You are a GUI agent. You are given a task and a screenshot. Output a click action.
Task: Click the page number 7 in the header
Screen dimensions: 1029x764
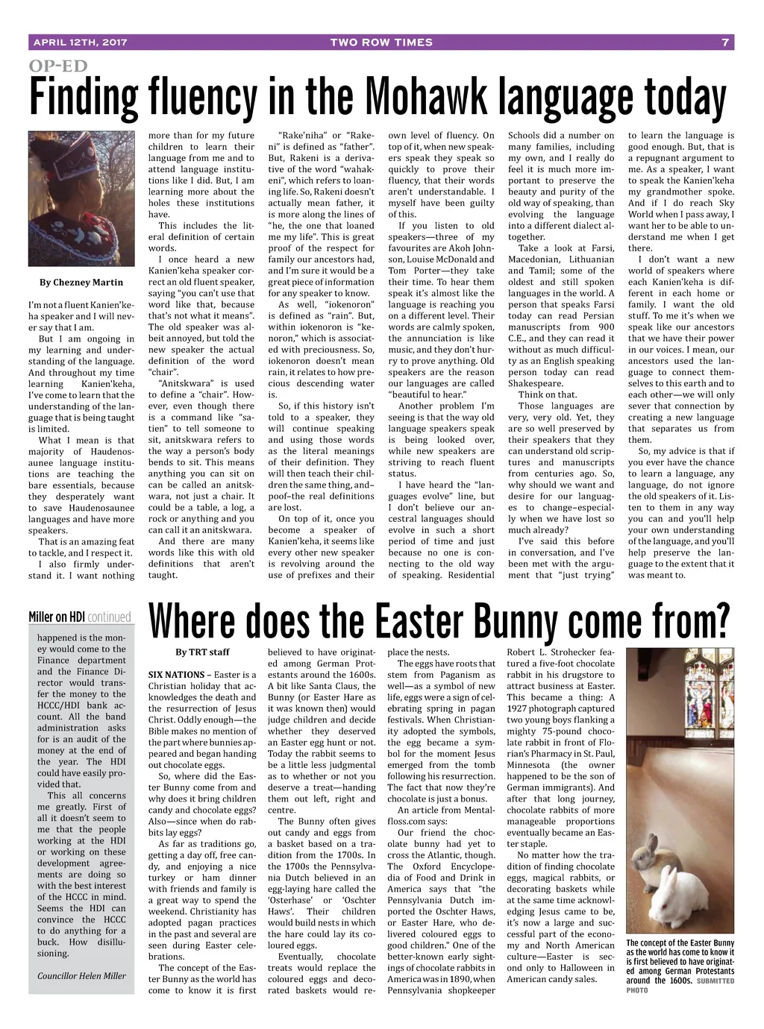coord(724,43)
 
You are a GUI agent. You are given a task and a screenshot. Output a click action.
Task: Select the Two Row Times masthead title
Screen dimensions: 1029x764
coord(381,43)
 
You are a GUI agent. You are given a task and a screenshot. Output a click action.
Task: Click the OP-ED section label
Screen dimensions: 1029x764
coord(58,66)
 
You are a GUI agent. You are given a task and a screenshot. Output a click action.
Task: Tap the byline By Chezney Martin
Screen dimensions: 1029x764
coord(81,283)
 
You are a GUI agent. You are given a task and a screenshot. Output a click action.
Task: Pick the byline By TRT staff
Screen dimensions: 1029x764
coord(202,652)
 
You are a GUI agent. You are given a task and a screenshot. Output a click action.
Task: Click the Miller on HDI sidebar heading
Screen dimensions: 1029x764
coord(57,617)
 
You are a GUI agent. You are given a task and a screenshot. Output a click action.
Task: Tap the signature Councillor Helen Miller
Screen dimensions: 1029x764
coord(82,975)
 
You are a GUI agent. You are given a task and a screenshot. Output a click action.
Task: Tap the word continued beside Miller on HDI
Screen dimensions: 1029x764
coord(109,617)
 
